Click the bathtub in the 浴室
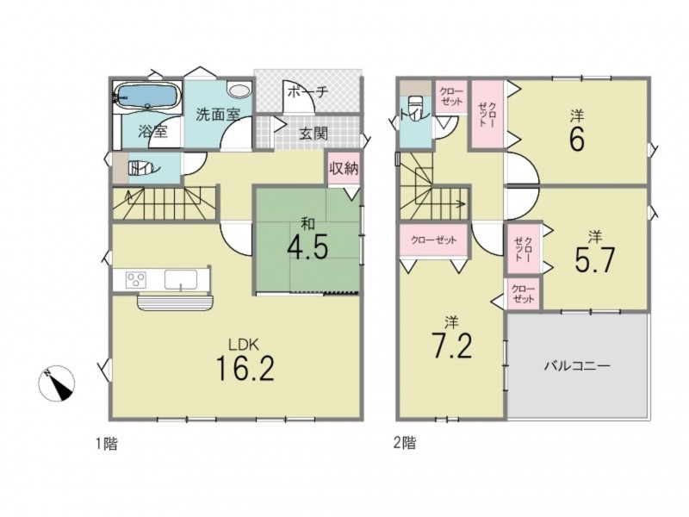click(146, 96)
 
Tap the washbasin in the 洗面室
click(239, 90)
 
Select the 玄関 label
click(313, 133)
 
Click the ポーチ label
click(308, 92)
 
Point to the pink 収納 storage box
click(344, 168)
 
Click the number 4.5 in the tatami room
click(307, 248)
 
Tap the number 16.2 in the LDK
click(245, 369)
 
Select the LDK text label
click(245, 345)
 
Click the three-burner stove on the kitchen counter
click(136, 279)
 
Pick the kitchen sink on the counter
click(181, 279)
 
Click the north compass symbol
click(56, 383)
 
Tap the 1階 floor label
click(107, 444)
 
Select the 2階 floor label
click(404, 443)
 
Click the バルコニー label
click(577, 365)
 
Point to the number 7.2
click(451, 346)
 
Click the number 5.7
click(594, 260)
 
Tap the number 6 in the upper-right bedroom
click(577, 140)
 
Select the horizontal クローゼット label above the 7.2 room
click(434, 240)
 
